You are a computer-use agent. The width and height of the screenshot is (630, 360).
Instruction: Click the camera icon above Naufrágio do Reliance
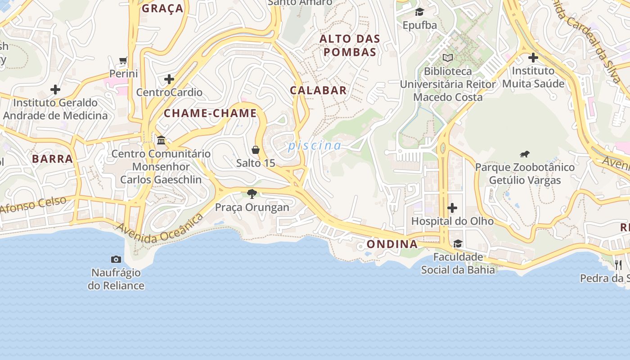click(x=116, y=259)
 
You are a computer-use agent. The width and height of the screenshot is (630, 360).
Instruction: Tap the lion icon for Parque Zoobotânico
click(x=525, y=154)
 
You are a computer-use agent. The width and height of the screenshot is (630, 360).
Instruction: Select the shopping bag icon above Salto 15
click(x=256, y=149)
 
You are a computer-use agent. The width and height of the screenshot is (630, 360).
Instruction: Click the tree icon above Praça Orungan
click(x=252, y=194)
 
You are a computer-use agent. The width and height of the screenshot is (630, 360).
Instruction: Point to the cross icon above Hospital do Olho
click(x=452, y=208)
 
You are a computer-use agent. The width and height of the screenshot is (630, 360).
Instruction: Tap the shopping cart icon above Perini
click(x=123, y=60)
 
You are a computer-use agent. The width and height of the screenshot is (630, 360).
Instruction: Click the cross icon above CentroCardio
click(x=169, y=80)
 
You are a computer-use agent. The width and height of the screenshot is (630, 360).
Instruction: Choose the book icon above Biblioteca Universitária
click(x=448, y=58)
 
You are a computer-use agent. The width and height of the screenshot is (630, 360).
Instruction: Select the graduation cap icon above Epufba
click(x=419, y=12)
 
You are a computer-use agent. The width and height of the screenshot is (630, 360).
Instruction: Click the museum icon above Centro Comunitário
click(x=161, y=140)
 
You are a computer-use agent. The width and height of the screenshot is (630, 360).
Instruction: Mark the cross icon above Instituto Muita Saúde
click(x=533, y=58)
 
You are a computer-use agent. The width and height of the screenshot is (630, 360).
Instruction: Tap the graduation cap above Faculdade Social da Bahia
click(x=458, y=244)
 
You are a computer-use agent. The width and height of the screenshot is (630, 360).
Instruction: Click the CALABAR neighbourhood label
click(x=318, y=90)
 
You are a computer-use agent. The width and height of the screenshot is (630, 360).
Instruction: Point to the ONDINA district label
click(x=392, y=244)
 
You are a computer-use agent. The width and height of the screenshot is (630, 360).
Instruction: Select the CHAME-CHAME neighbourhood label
click(x=210, y=113)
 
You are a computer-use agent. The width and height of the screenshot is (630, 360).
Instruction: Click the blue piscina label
click(x=315, y=146)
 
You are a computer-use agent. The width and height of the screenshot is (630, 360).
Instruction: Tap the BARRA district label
click(x=52, y=159)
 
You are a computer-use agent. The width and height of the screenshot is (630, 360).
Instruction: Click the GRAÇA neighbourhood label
click(x=162, y=9)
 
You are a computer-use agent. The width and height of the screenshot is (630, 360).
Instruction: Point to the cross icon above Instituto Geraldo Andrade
click(x=55, y=90)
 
